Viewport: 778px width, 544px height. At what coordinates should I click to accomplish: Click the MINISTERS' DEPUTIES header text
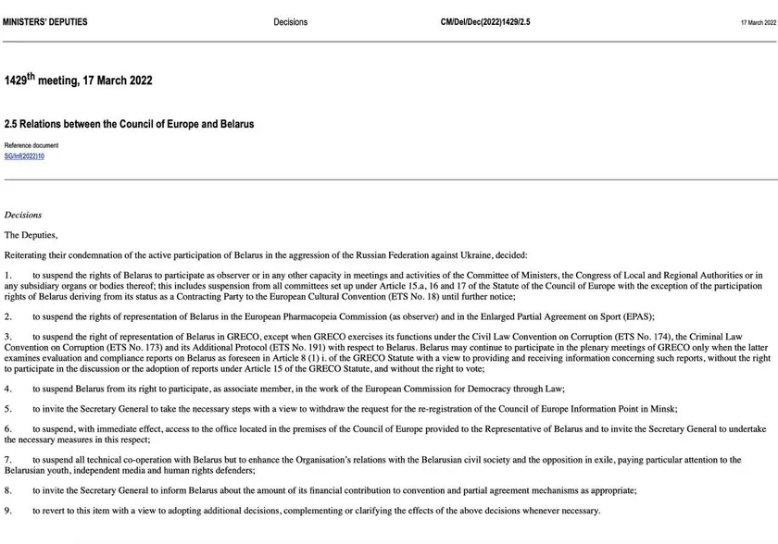[x=46, y=22]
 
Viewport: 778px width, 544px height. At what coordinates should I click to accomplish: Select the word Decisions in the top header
[x=290, y=22]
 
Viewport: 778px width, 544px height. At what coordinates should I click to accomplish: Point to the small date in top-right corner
[x=758, y=22]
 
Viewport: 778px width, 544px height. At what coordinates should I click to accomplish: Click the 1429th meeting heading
[x=78, y=80]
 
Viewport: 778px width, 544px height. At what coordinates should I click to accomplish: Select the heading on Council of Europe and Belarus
[x=129, y=123]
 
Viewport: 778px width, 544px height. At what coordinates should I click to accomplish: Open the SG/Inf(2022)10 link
[x=24, y=156]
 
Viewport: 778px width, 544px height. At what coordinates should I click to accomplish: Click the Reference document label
[x=31, y=145]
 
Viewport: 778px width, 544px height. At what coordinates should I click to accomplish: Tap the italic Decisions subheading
[x=23, y=215]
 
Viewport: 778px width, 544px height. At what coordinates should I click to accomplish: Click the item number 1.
[x=7, y=275]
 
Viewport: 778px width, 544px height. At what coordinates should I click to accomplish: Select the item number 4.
[x=7, y=389]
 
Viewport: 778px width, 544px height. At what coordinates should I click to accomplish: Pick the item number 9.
[x=7, y=511]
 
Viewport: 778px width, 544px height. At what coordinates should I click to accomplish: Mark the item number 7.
[x=7, y=459]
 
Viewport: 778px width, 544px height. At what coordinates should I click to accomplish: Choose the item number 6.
[x=7, y=429]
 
